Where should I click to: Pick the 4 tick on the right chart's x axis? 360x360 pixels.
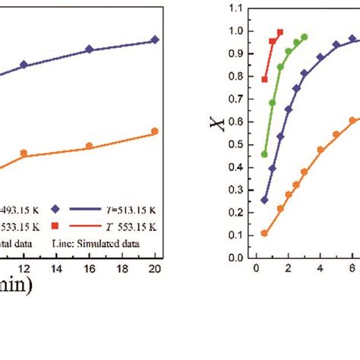click(321, 267)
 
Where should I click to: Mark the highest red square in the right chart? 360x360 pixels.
click(280, 33)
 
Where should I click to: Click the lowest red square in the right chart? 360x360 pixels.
click(264, 79)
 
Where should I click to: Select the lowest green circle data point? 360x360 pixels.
click(264, 154)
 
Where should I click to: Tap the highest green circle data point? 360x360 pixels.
click(305, 36)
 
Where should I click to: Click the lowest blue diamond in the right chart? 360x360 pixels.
click(264, 200)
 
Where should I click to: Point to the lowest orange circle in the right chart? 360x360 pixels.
click(264, 233)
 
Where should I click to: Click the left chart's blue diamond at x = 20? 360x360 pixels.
click(155, 39)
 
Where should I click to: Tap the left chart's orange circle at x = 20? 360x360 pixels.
click(155, 131)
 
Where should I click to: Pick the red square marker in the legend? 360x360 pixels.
click(54, 226)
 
